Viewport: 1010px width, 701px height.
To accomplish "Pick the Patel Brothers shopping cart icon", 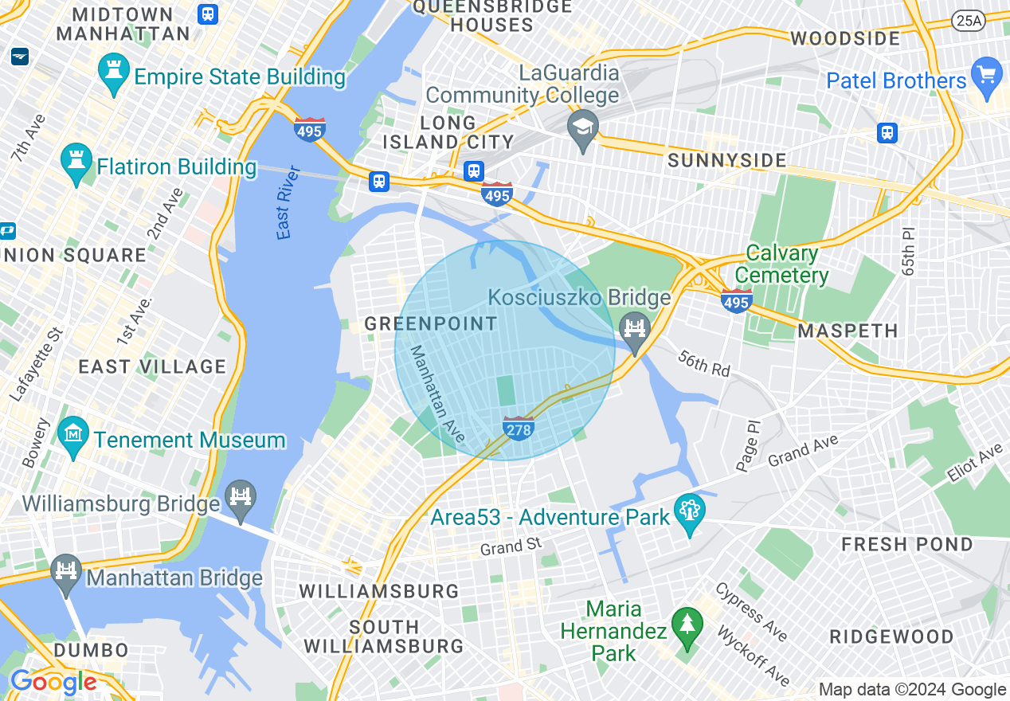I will pyautogui.click(x=987, y=77).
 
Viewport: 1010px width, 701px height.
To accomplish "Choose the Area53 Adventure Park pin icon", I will pyautogui.click(x=689, y=514).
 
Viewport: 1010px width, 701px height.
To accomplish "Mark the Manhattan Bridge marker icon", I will pyautogui.click(x=66, y=574).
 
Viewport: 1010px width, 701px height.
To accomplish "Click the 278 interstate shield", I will pyautogui.click(x=518, y=428).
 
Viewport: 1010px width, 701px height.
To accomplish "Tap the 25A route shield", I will pyautogui.click(x=968, y=22).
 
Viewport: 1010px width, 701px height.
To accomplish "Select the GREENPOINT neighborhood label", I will pyautogui.click(x=431, y=324).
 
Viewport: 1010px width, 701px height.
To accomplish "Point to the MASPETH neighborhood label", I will pyautogui.click(x=848, y=331).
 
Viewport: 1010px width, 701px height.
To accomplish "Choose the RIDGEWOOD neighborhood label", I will pyautogui.click(x=891, y=636).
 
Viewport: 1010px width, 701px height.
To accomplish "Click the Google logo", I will pyautogui.click(x=53, y=683).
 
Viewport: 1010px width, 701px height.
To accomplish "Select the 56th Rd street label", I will pyautogui.click(x=704, y=363).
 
